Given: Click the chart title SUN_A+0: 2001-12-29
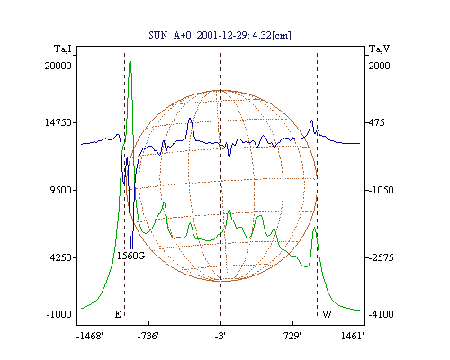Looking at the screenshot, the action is pyautogui.click(x=199, y=36).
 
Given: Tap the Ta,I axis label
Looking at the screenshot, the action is pyautogui.click(x=63, y=49).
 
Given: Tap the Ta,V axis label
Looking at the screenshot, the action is pyautogui.click(x=380, y=49).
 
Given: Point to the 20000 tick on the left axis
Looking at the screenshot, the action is pyautogui.click(x=58, y=66).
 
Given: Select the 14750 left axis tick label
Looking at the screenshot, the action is pyautogui.click(x=58, y=122).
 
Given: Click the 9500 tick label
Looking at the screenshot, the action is pyautogui.click(x=61, y=190).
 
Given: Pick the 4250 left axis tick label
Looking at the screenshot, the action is pyautogui.click(x=61, y=257).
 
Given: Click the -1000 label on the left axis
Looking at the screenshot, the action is pyautogui.click(x=59, y=314).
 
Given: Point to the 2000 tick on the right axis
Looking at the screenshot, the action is pyautogui.click(x=379, y=66).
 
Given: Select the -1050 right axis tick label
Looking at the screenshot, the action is pyautogui.click(x=381, y=190).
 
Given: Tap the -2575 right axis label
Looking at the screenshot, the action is pyautogui.click(x=381, y=257).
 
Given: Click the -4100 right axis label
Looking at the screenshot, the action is pyautogui.click(x=381, y=314).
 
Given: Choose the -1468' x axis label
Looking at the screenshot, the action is pyautogui.click(x=90, y=336).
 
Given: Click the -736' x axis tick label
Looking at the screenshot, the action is pyautogui.click(x=148, y=336).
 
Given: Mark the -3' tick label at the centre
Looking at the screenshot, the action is pyautogui.click(x=220, y=336).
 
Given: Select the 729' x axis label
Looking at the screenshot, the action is pyautogui.click(x=292, y=336).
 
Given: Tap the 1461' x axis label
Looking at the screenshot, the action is pyautogui.click(x=353, y=336).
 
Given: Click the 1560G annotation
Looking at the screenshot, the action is pyautogui.click(x=131, y=256).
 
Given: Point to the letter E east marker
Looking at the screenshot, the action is pyautogui.click(x=118, y=314).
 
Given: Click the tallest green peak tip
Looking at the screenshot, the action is pyautogui.click(x=130, y=59).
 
